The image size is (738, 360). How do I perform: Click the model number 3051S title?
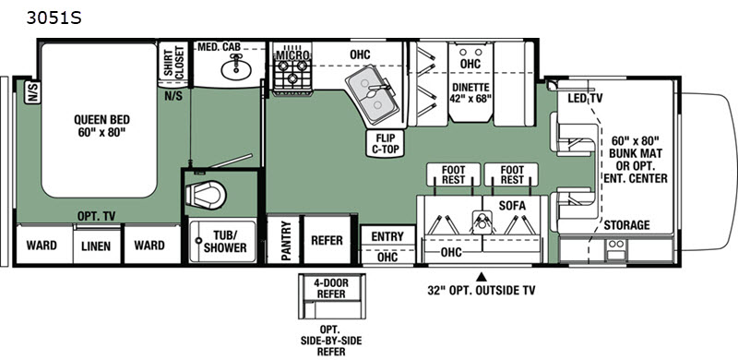(54, 18)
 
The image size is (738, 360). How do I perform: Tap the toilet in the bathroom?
(206, 194)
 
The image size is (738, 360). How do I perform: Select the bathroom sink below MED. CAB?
(236, 69)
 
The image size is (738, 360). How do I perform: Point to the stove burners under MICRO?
(292, 76)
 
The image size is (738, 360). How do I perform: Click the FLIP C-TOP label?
(385, 143)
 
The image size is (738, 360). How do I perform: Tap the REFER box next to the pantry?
(327, 239)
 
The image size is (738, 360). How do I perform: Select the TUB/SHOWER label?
(224, 241)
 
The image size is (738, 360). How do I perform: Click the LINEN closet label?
(97, 246)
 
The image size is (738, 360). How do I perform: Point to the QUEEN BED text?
(101, 120)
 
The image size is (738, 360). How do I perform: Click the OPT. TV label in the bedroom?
(97, 216)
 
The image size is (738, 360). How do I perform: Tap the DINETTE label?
(470, 87)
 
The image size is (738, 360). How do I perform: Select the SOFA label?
(512, 206)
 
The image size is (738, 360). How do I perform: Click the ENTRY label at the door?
(387, 236)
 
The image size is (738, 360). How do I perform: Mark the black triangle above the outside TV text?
(481, 276)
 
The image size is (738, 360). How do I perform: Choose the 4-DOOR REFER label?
(332, 288)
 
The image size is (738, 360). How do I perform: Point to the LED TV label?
(585, 98)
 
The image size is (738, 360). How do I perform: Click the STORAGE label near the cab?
(626, 224)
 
